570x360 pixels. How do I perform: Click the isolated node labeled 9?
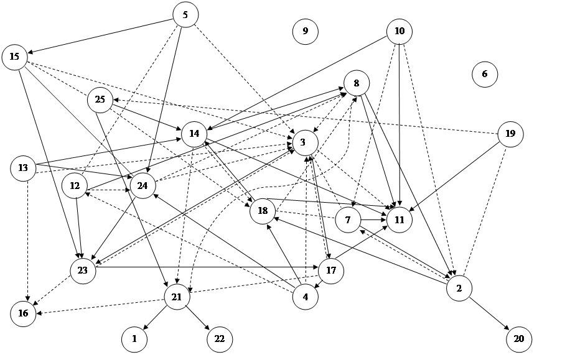(x=306, y=32)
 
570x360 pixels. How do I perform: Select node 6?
(x=485, y=74)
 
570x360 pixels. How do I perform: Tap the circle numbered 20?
(x=519, y=339)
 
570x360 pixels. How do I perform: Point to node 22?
(x=220, y=339)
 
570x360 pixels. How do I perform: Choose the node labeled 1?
(x=134, y=339)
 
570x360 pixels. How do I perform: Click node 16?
(x=23, y=313)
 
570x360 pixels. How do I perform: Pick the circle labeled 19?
(x=510, y=134)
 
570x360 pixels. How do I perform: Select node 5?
(x=186, y=15)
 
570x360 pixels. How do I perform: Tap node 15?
(x=15, y=57)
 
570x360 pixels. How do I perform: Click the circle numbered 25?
(x=100, y=99)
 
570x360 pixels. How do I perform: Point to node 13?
(x=23, y=168)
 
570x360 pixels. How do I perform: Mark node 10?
(x=399, y=32)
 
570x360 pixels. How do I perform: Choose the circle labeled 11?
(x=399, y=219)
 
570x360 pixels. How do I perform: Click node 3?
(x=306, y=143)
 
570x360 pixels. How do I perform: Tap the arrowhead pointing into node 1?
(x=146, y=327)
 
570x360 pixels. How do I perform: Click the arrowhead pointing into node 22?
(x=208, y=328)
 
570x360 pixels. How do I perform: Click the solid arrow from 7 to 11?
(x=373, y=219)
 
